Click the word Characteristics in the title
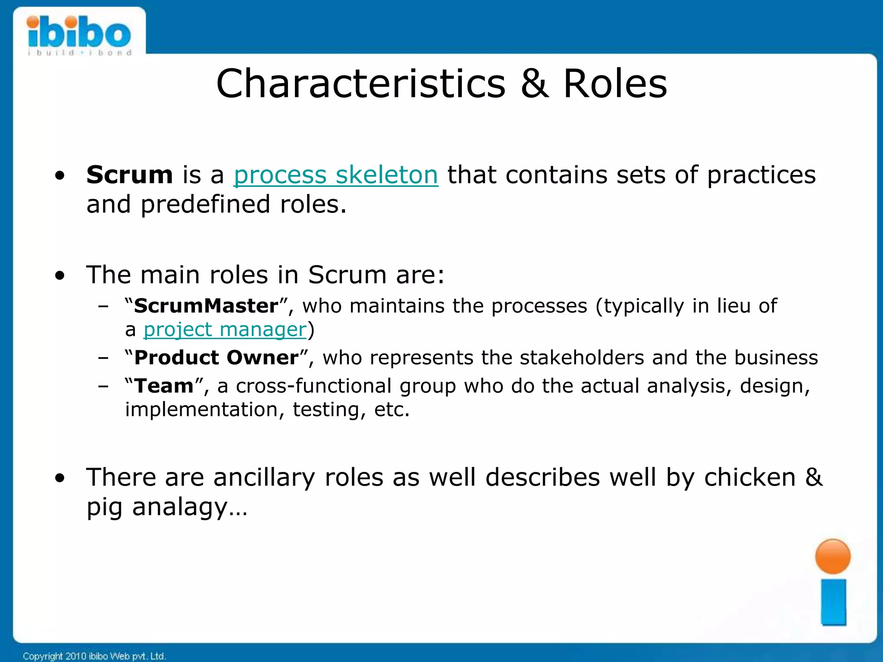tap(360, 84)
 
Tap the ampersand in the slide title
tap(534, 84)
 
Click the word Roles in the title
tap(615, 84)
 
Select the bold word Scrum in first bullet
tap(129, 175)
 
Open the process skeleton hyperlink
tap(335, 175)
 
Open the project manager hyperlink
tap(225, 330)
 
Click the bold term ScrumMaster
tap(206, 306)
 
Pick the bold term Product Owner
tap(216, 358)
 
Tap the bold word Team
tap(164, 386)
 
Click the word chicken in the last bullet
tap(749, 478)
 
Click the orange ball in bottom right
tap(833, 556)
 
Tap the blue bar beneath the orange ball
tap(833, 602)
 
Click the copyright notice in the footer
tap(94, 656)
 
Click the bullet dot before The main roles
tap(60, 275)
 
